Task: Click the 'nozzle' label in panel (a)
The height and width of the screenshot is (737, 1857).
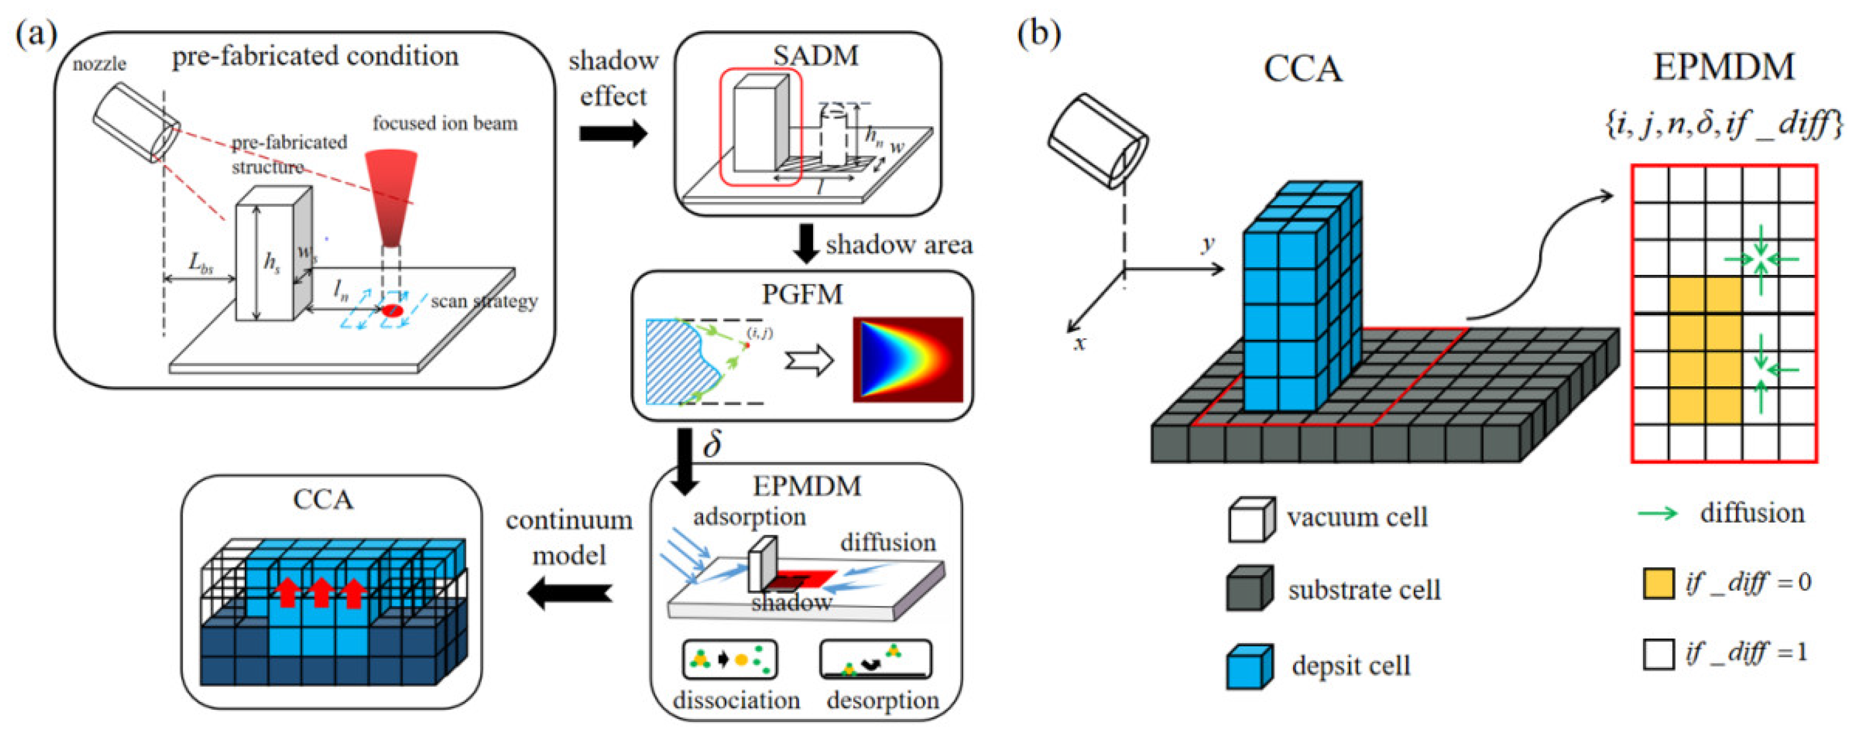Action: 99,64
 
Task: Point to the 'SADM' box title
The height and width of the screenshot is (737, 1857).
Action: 815,56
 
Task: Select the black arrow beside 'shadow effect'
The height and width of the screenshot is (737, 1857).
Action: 613,133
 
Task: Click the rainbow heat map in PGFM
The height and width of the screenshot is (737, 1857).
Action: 908,358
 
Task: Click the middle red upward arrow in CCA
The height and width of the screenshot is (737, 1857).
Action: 320,592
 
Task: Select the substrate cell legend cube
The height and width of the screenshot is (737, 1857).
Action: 1250,589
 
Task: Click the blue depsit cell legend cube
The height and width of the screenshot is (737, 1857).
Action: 1250,666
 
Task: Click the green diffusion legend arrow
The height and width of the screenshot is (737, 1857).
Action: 1658,514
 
